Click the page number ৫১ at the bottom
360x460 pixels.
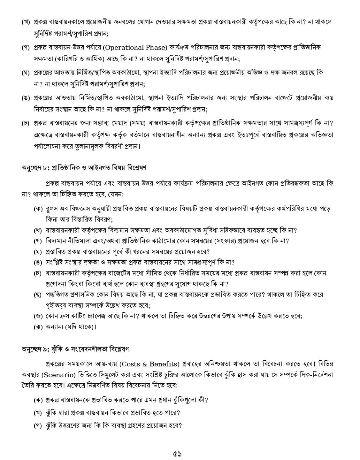[180, 453]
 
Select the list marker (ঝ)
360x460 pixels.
[38, 327]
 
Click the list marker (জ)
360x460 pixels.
[38, 316]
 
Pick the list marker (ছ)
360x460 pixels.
[38, 295]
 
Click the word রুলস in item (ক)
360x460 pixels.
[52, 209]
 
